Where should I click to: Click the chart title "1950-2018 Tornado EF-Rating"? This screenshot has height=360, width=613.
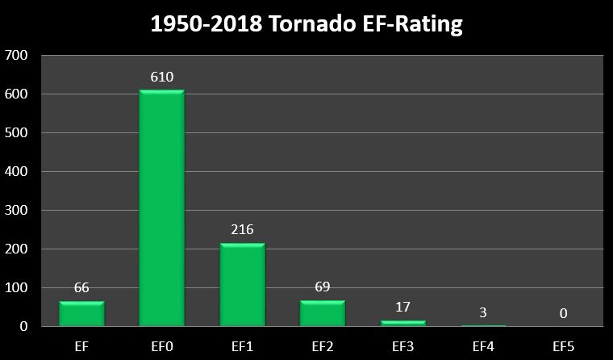click(306, 24)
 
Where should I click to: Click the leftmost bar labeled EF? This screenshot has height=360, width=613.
click(81, 314)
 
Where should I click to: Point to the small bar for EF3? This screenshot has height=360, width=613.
click(402, 323)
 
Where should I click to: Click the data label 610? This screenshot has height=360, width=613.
click(161, 77)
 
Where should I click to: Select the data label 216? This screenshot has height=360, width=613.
click(242, 230)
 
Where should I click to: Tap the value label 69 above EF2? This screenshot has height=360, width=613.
click(323, 287)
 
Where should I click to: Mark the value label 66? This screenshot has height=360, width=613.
click(81, 287)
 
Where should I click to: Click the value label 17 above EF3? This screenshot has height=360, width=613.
click(402, 307)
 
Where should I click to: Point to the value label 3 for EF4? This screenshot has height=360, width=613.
click(483, 312)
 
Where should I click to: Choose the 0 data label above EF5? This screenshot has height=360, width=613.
click(563, 313)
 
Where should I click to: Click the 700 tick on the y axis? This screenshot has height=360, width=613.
click(16, 56)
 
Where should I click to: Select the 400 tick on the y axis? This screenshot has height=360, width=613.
click(16, 172)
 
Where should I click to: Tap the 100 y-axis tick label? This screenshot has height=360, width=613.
click(16, 288)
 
